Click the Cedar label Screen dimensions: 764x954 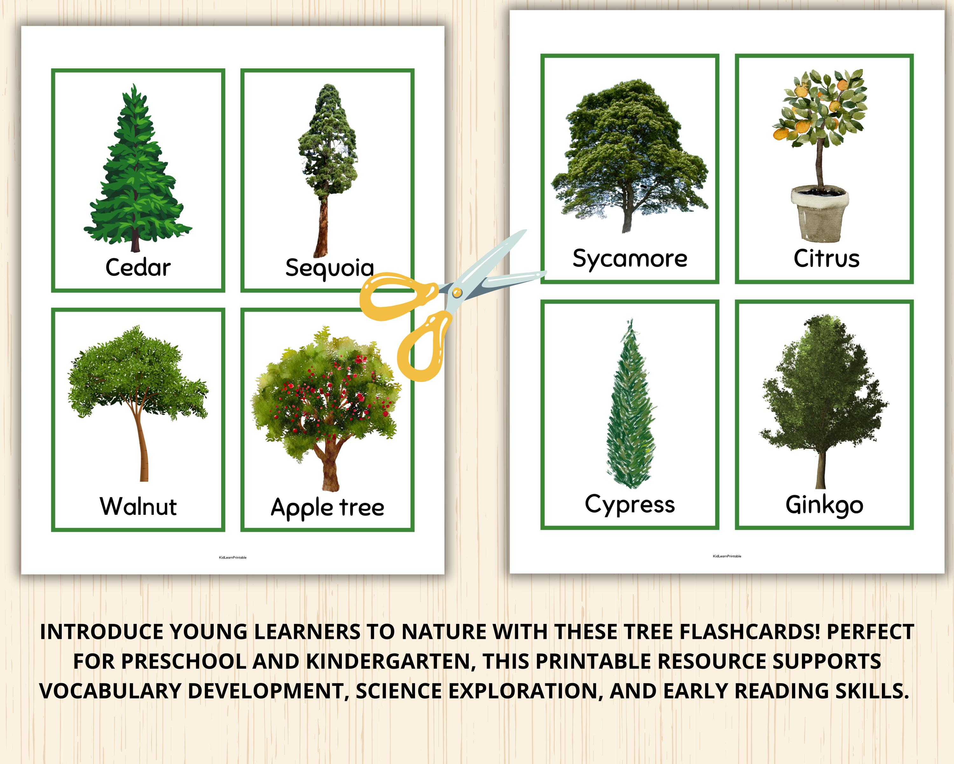click(x=138, y=267)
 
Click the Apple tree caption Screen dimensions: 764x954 click(x=328, y=507)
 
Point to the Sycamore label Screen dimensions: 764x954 click(x=630, y=259)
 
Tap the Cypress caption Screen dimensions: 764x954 click(x=630, y=505)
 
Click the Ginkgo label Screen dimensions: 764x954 click(x=824, y=505)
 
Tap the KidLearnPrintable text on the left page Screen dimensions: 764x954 click(x=233, y=557)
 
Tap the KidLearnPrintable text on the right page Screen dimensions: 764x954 click(x=727, y=556)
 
